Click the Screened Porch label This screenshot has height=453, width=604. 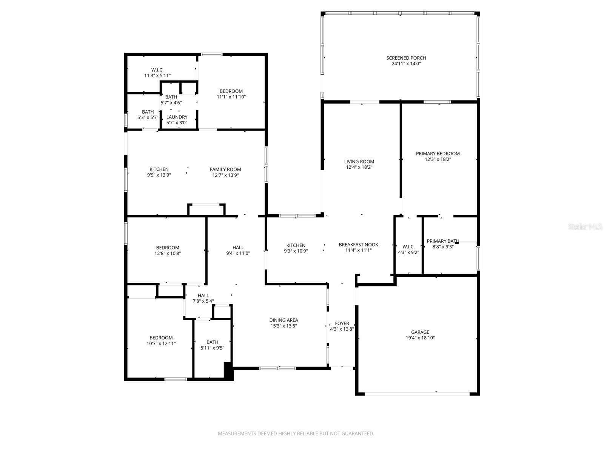406,58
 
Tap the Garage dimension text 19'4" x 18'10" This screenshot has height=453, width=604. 420,338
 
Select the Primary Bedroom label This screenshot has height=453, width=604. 438,154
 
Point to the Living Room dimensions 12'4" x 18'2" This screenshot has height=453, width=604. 359,167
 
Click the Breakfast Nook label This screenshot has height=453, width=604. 358,245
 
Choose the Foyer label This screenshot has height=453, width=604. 342,324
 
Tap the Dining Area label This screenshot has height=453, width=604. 284,320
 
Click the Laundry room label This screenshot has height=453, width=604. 177,117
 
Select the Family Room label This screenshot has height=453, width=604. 225,169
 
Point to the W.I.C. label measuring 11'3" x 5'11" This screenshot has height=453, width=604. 157,70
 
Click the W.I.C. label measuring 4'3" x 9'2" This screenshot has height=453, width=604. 408,247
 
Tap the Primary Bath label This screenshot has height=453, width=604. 442,241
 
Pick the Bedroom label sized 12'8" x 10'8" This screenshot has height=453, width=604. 167,248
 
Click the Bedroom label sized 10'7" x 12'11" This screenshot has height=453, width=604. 161,338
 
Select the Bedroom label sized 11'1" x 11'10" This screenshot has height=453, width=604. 231,91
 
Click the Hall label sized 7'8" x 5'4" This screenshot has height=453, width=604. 203,296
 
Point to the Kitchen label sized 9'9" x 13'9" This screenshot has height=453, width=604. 159,169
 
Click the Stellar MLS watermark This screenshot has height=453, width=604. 586,227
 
